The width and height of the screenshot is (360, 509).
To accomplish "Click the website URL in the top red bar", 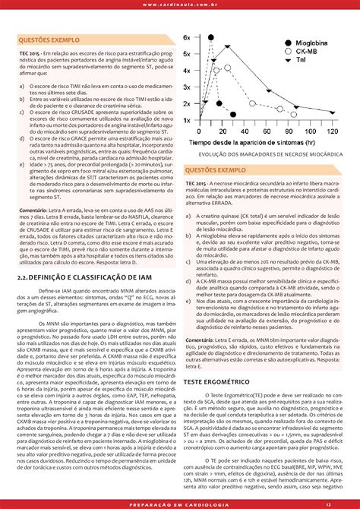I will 179,5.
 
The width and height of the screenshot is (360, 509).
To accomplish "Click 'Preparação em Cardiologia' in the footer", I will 179,503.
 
